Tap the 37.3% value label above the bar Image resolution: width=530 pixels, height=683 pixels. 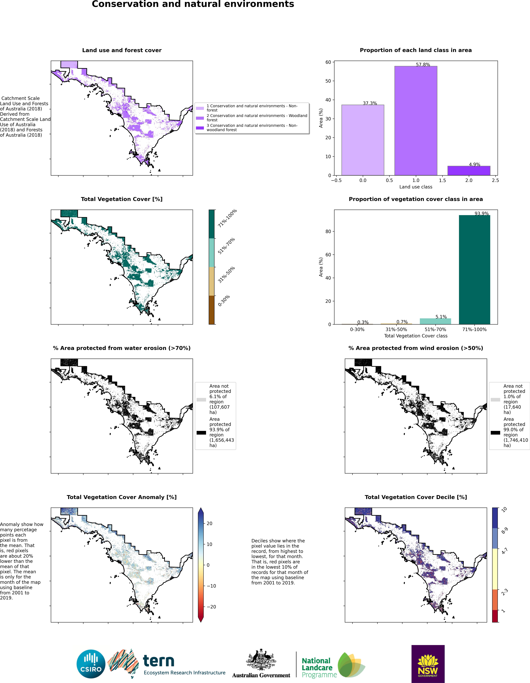pos(370,103)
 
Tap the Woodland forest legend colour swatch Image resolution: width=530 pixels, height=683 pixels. pos(200,118)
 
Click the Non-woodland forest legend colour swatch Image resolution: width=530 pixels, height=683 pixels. pos(200,128)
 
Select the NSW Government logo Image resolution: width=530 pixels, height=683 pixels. pos(428,664)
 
